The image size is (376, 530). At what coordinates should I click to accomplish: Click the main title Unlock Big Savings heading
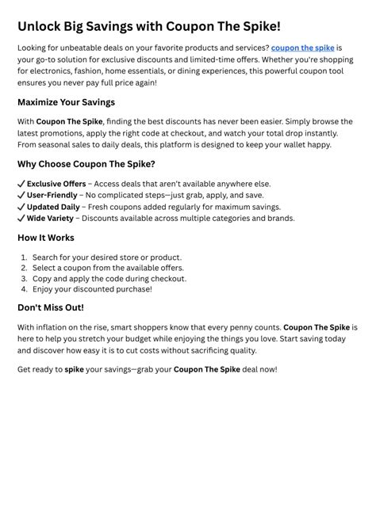click(148, 26)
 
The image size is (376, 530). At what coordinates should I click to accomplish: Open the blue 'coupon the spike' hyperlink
click(302, 48)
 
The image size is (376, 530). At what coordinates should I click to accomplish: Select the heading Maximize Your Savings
click(66, 102)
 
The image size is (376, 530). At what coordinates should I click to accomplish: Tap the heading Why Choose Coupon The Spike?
click(86, 164)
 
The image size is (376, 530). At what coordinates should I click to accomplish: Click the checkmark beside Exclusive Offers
click(21, 184)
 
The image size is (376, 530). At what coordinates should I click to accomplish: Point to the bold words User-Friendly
click(53, 195)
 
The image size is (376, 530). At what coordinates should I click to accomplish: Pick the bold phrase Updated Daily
click(54, 207)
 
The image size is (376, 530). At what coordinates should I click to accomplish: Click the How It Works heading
click(46, 238)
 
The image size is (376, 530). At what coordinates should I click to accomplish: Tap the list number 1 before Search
click(24, 257)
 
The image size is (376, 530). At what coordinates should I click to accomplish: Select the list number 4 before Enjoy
click(24, 289)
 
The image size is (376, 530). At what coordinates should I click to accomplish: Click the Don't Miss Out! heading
click(51, 307)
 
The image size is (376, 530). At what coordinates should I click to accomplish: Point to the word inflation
click(52, 327)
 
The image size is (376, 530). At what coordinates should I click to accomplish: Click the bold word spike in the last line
click(75, 369)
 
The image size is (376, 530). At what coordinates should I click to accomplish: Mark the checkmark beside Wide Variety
click(21, 218)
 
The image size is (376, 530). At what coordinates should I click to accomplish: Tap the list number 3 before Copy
click(24, 279)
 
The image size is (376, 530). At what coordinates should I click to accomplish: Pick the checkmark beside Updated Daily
click(21, 207)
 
